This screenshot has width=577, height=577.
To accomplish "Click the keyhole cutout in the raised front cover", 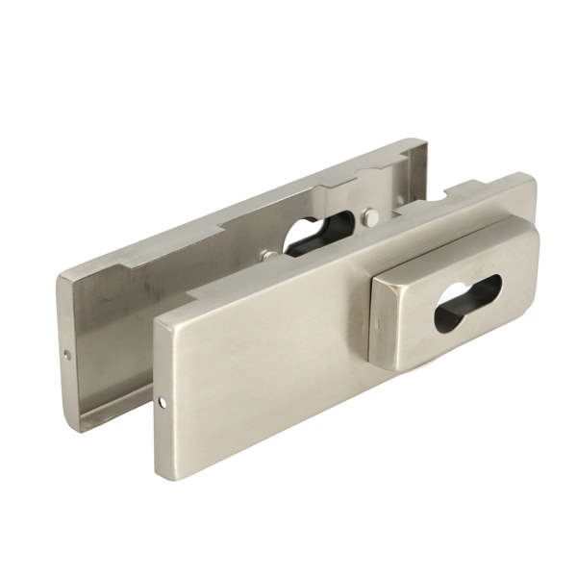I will coord(466,303).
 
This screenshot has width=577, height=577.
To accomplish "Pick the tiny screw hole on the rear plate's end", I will coord(67,354).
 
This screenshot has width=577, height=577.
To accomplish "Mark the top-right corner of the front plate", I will coord(532,175).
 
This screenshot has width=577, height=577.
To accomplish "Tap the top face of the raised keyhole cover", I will coord(452,240).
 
